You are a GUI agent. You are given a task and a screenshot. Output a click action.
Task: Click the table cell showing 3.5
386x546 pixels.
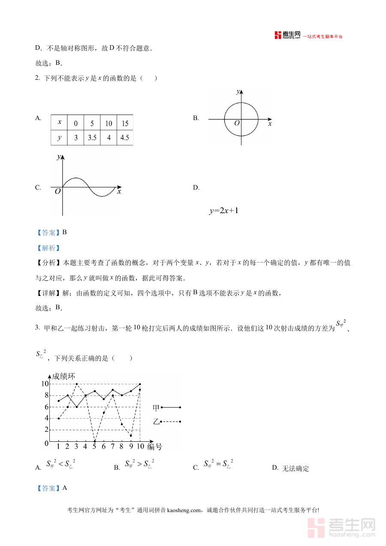[x=92, y=138]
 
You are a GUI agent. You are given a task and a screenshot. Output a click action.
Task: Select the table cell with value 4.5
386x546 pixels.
[x=125, y=138]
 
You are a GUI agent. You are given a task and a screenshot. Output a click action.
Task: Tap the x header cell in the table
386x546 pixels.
[x=59, y=122]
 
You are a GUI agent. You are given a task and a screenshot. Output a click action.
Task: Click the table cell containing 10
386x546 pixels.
[x=109, y=123]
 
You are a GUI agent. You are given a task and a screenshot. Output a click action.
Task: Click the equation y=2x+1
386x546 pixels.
[x=223, y=211]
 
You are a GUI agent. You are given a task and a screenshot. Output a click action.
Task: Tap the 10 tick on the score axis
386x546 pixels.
[x=45, y=383]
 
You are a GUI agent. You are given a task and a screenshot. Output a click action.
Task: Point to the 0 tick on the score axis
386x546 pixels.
[x=46, y=443]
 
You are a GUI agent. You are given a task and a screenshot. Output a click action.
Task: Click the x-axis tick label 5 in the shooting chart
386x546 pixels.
[x=94, y=446]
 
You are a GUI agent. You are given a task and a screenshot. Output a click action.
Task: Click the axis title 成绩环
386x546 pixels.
[x=64, y=376]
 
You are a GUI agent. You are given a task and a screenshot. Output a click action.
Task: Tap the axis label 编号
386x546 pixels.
[x=154, y=446]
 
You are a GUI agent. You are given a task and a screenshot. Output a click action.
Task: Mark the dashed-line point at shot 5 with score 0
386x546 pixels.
[x=94, y=441]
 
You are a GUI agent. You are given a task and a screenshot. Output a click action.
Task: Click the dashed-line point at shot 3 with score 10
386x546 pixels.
[x=76, y=384]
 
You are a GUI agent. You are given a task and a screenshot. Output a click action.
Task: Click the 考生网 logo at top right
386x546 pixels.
[x=288, y=35]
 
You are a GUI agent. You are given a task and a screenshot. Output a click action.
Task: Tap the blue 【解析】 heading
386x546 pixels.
[x=48, y=248]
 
